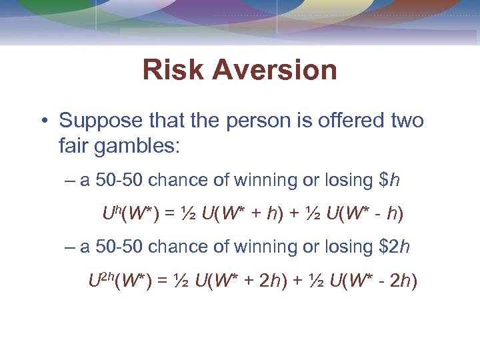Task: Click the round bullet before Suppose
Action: (43, 121)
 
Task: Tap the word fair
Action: (75, 145)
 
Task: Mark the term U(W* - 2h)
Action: (371, 281)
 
